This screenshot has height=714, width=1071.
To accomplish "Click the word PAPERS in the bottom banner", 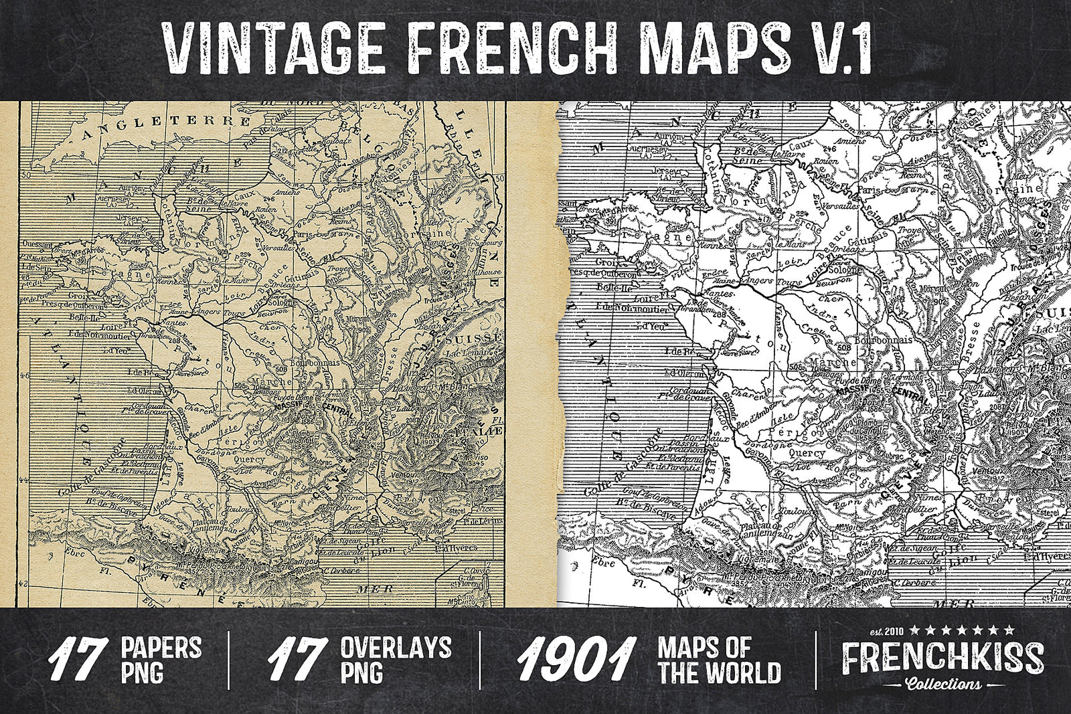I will coord(161,648).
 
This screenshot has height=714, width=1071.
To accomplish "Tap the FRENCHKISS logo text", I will coord(942,658).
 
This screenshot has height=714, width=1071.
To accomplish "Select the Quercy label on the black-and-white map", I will coord(808,453).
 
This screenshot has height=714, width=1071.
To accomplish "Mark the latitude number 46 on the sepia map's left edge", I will coord(25,375).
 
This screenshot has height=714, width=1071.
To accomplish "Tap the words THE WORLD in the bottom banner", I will coord(720,673).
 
